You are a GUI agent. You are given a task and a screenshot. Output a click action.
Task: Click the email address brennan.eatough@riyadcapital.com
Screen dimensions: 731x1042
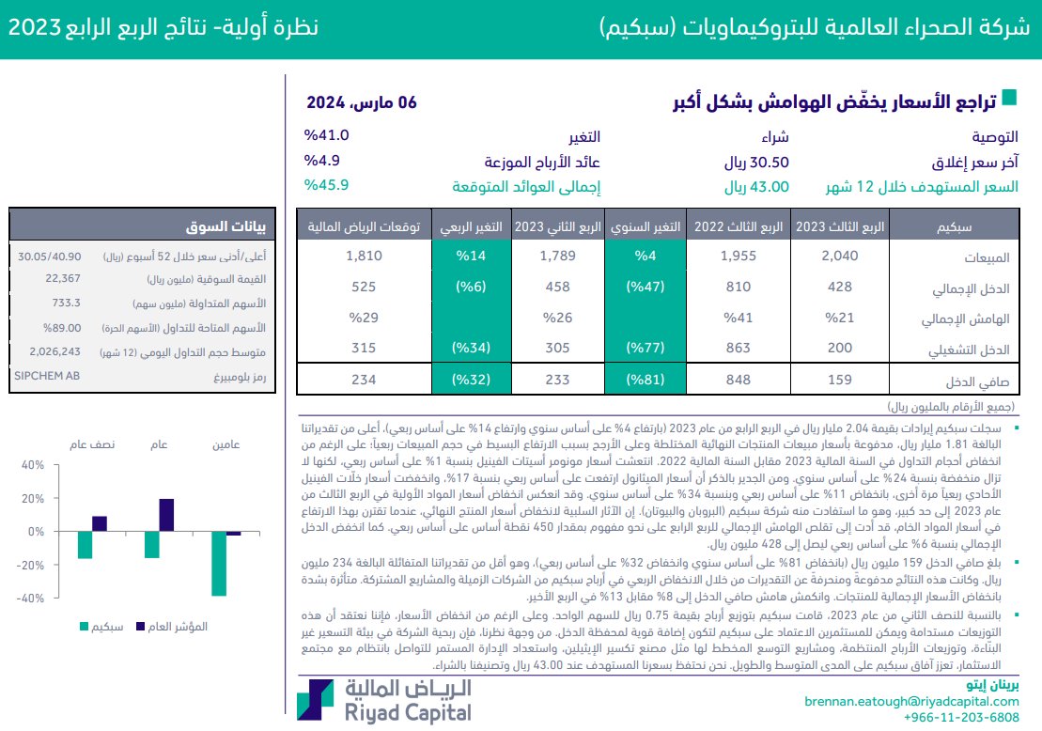tap(911, 701)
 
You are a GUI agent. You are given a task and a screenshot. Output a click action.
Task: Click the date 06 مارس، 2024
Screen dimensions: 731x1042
tap(362, 102)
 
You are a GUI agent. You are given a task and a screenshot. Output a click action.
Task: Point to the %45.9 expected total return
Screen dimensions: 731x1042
tap(326, 185)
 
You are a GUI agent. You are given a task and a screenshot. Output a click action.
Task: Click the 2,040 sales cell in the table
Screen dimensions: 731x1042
tap(838, 256)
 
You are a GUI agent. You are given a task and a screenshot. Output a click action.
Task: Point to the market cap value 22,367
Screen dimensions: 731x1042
tap(64, 279)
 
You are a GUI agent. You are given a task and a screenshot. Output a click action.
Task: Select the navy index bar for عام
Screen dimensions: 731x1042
tap(166, 515)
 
